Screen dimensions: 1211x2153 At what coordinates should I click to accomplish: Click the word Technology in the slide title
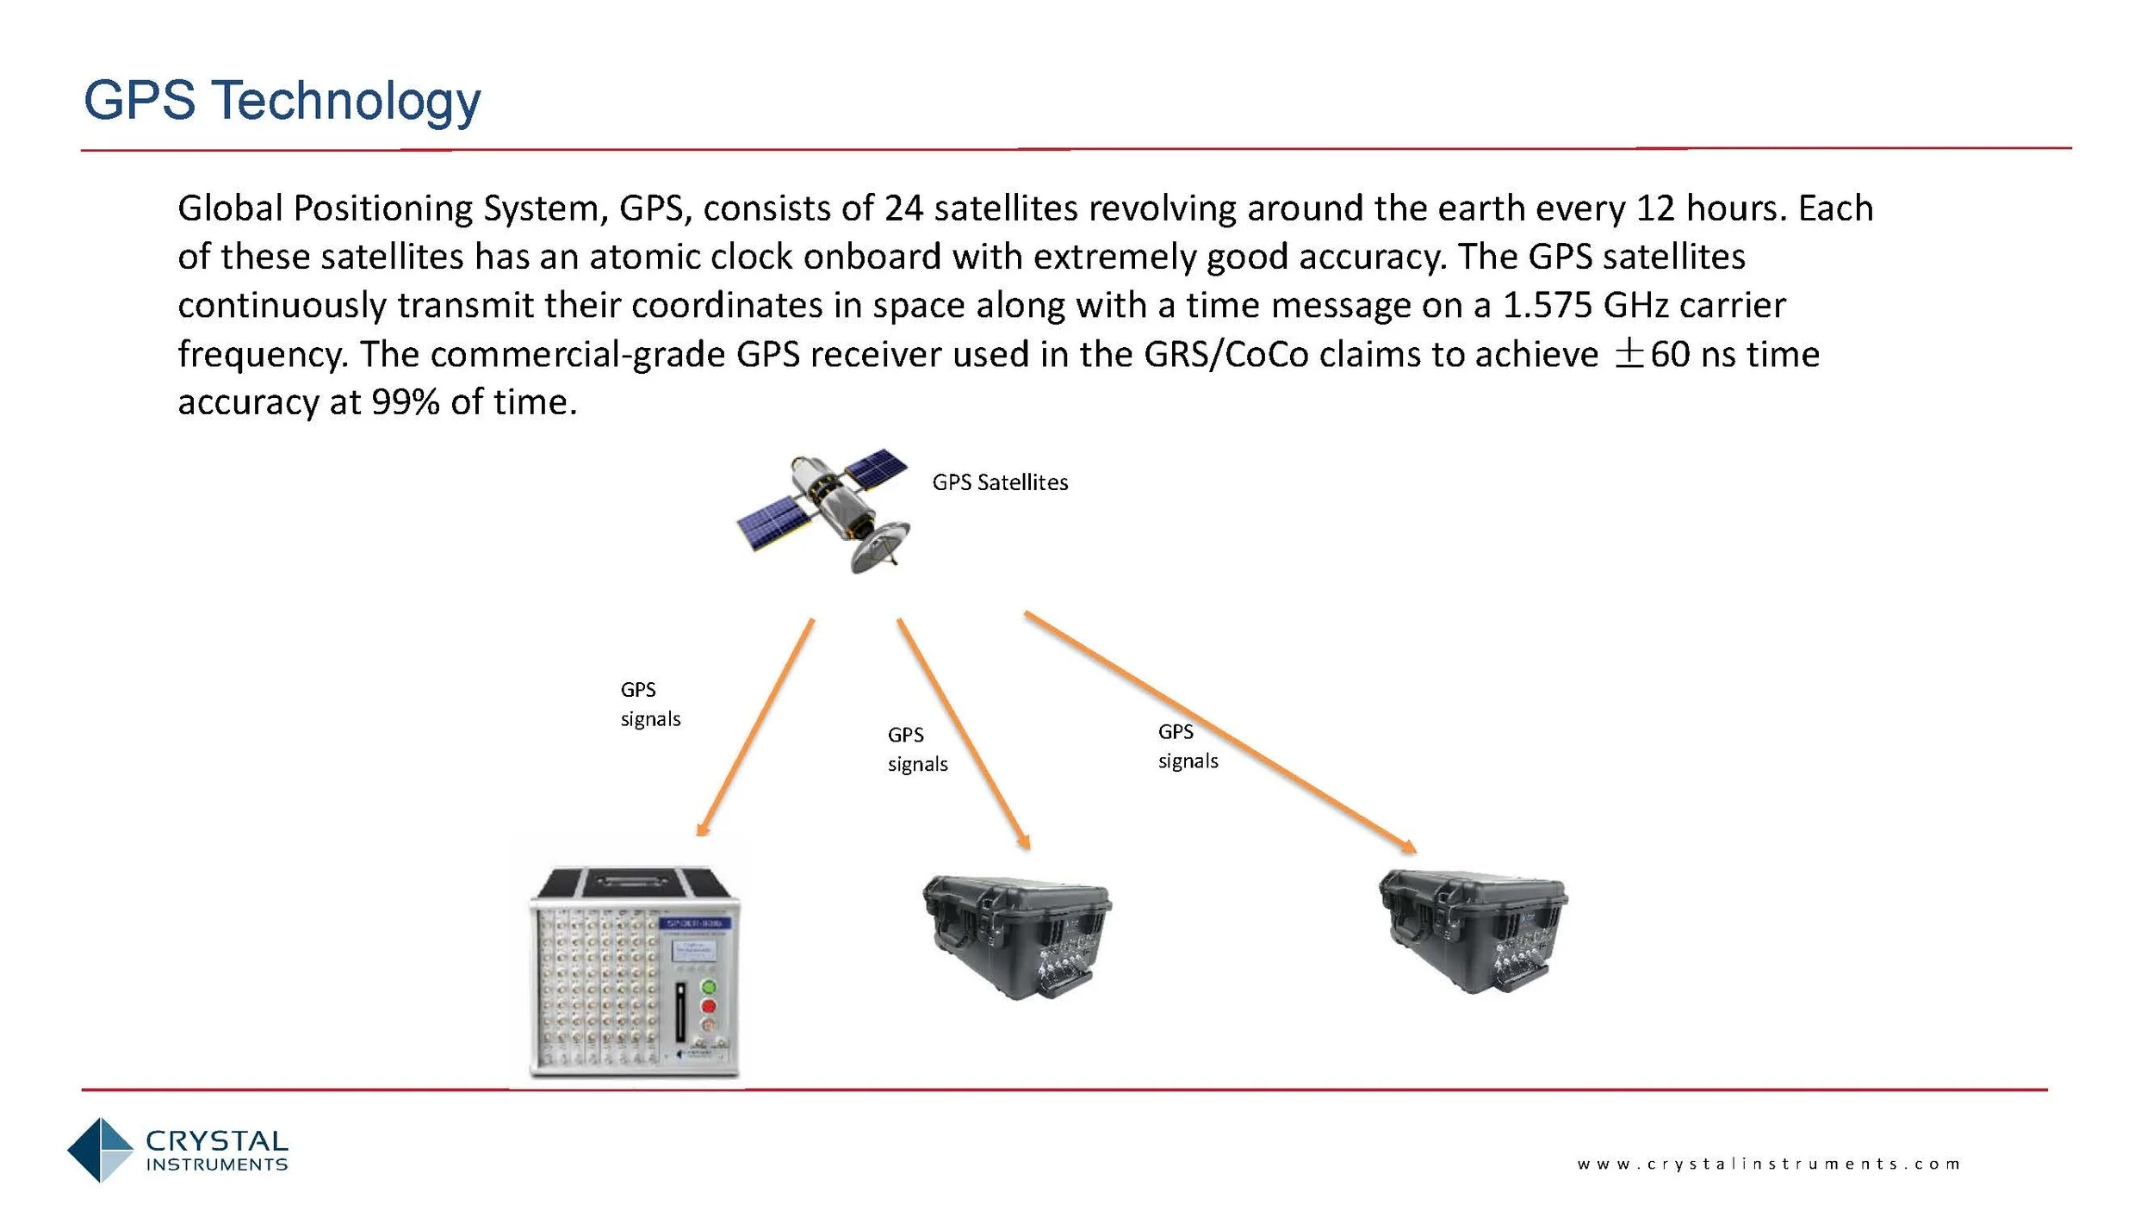tap(346, 102)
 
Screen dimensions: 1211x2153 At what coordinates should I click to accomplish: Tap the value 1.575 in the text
tap(1547, 306)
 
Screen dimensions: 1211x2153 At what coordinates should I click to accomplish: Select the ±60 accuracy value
tap(1651, 355)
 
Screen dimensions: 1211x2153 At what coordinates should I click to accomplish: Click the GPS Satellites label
tap(1000, 482)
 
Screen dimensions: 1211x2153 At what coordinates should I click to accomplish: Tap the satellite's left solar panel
tap(773, 520)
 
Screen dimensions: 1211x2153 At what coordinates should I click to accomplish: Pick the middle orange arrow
tap(963, 733)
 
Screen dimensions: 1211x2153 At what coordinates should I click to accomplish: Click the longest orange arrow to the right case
tap(1219, 731)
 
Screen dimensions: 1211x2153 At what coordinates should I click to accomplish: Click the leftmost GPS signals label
tap(649, 704)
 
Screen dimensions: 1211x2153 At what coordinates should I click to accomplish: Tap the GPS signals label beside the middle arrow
tap(916, 749)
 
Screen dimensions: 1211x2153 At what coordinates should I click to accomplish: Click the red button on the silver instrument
tap(709, 1006)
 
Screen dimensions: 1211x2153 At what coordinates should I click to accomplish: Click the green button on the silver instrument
tap(709, 987)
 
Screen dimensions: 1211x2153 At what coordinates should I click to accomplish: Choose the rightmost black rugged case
tap(1473, 930)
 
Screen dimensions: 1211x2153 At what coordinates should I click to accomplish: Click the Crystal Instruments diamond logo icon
tap(100, 1149)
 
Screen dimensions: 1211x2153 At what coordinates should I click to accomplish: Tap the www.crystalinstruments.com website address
tap(1769, 1164)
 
